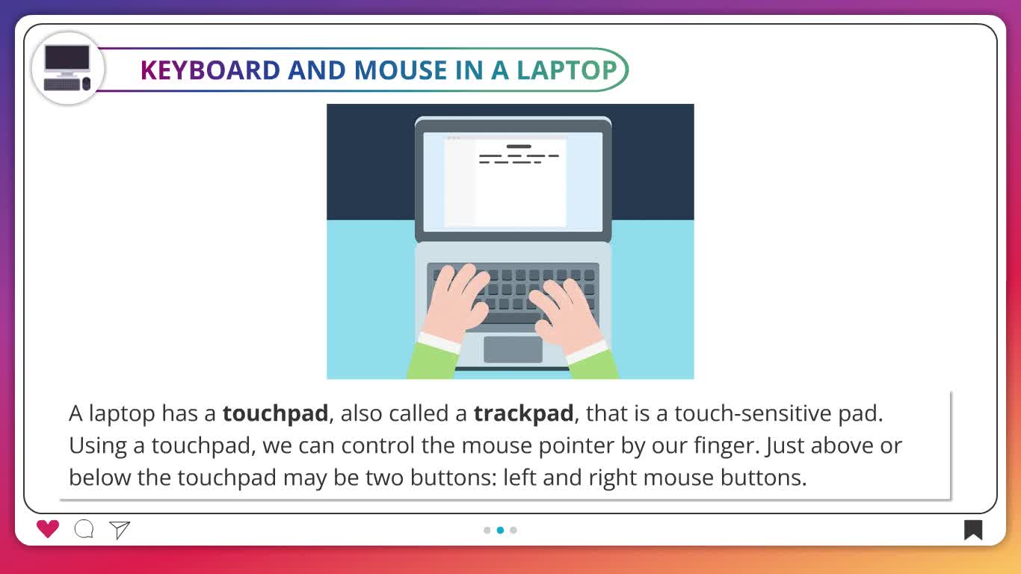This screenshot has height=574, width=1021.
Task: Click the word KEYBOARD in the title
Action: [210, 70]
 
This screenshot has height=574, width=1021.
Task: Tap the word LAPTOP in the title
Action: [567, 70]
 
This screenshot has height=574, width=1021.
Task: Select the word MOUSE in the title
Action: [401, 70]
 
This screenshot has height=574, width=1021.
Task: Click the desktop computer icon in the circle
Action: [67, 68]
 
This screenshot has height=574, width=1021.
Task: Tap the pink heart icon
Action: [48, 529]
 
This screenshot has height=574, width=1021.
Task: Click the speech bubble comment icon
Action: [84, 529]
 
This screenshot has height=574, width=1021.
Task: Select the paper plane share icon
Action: [120, 530]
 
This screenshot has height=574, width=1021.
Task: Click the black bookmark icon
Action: [973, 530]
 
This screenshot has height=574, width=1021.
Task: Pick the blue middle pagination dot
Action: [501, 530]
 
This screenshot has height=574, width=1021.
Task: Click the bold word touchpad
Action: [275, 414]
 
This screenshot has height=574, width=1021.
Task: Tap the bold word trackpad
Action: [523, 414]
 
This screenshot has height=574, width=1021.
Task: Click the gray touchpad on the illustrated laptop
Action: [513, 350]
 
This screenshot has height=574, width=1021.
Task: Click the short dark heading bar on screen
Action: [519, 146]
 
